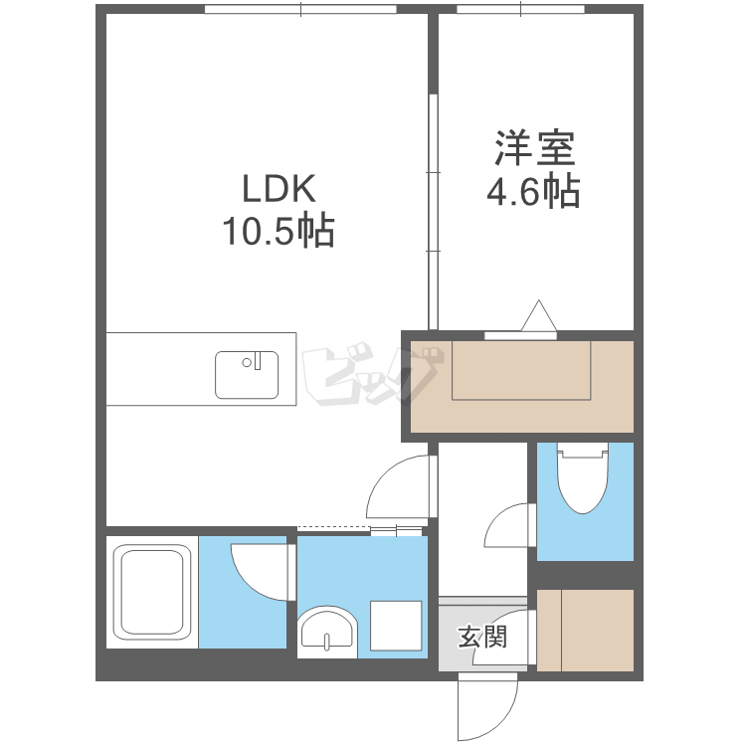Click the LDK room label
(x=279, y=189)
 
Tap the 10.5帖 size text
(x=279, y=231)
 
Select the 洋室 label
(x=535, y=147)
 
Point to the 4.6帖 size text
(x=533, y=191)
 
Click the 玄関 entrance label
(x=482, y=637)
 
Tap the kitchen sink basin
(x=247, y=375)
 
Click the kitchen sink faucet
(x=258, y=361)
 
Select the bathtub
(x=152, y=593)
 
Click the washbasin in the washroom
(x=327, y=630)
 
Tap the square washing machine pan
(x=396, y=626)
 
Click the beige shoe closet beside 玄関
(x=585, y=631)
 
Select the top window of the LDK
(x=300, y=9)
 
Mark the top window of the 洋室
(x=520, y=9)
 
